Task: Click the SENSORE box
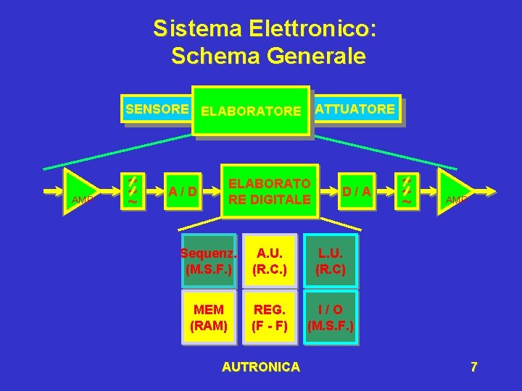click(x=157, y=109)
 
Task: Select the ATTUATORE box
click(x=355, y=109)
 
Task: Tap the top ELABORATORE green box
click(x=250, y=112)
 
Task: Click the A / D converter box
click(x=184, y=192)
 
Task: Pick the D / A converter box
click(x=357, y=192)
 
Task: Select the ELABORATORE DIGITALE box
click(x=270, y=192)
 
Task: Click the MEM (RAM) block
click(x=209, y=317)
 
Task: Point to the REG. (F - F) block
click(x=270, y=317)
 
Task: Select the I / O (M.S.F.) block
click(x=330, y=317)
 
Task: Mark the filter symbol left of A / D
click(x=132, y=191)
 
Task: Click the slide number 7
click(x=473, y=367)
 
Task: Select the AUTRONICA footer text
click(x=260, y=367)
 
